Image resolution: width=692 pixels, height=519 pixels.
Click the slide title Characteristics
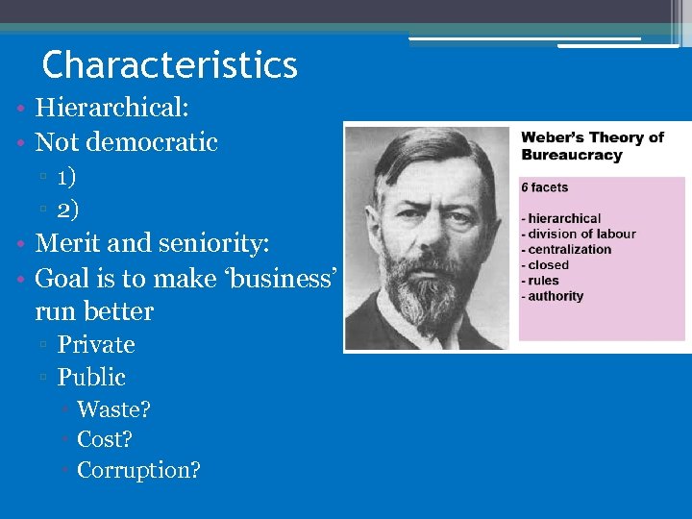170,65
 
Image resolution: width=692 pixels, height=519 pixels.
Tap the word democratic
152,142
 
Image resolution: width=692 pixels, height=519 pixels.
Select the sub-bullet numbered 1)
67,177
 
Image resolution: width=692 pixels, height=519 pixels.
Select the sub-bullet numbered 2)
67,209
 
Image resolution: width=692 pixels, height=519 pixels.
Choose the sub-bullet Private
95,344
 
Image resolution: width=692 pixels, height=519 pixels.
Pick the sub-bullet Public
91,377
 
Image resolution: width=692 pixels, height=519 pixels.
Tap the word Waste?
113,409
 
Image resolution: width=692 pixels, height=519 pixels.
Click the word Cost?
105,440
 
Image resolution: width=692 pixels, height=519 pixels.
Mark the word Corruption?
138,471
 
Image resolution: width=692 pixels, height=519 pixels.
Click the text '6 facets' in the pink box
545,187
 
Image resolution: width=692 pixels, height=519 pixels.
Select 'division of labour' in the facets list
581,234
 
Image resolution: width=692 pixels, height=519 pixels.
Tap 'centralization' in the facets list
569,249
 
